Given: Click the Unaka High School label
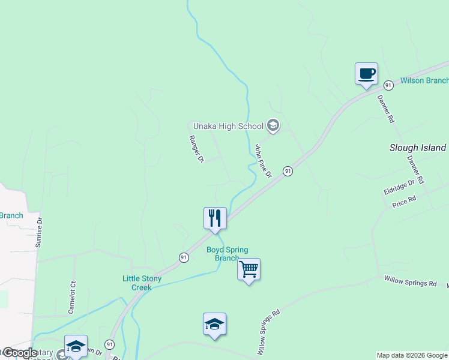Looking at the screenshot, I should point(228,126).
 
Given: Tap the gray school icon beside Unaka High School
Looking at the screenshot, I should point(273,125).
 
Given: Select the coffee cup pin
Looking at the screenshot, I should point(366,74).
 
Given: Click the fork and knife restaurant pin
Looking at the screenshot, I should point(215,218).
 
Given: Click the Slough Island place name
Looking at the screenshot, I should point(418,148).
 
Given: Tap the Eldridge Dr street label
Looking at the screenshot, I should point(399,187).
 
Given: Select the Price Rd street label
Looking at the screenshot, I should point(404,202).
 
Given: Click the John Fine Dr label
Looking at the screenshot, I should point(264,161).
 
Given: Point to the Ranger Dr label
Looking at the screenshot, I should point(197,149).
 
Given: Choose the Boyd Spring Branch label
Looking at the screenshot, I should point(227,254).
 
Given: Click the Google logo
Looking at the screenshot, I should point(19,353).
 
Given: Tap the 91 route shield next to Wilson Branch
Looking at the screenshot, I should point(389,85).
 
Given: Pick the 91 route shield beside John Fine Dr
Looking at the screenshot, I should point(288,171).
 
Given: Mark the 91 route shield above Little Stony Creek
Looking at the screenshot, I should point(184,257).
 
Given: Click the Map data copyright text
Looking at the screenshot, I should point(412,356).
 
